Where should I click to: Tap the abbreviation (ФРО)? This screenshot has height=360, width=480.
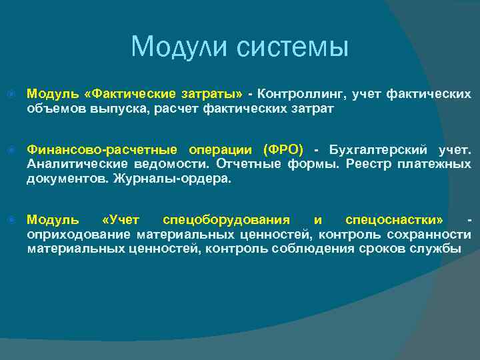coord(283,148)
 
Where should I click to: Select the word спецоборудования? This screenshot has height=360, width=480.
coord(226,219)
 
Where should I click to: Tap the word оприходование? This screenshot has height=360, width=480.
coord(79,235)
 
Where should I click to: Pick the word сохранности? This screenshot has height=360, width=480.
coord(431,235)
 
